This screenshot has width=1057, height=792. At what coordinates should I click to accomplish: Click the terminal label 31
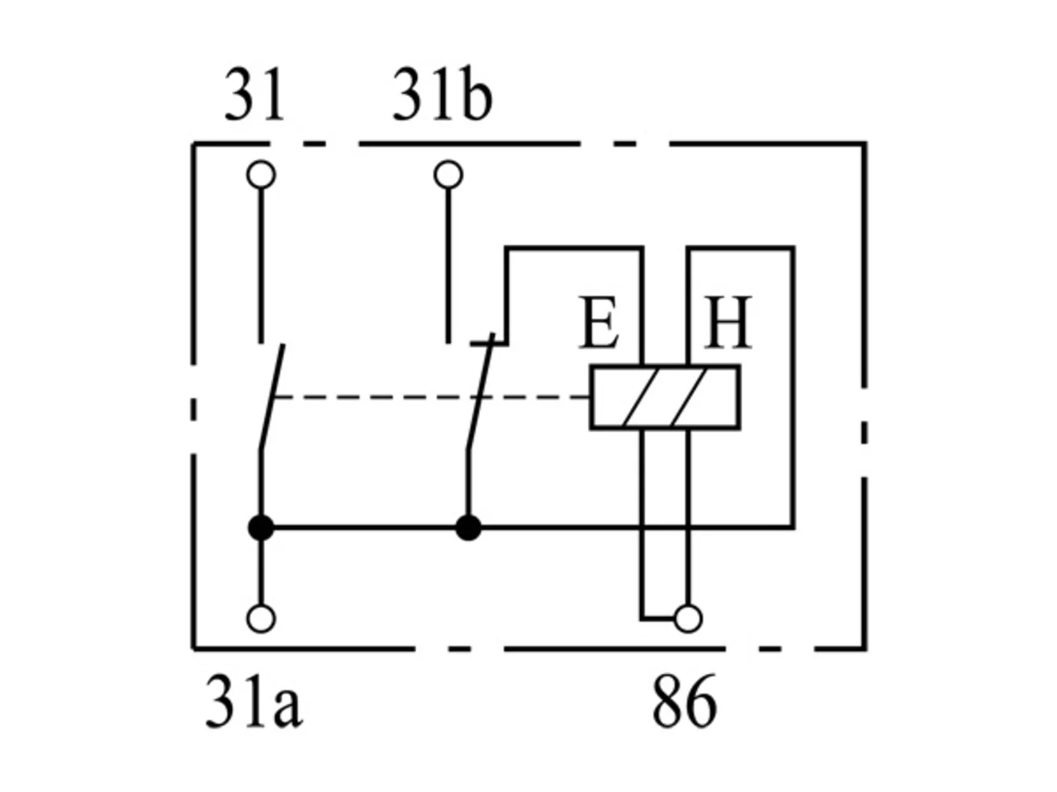254,95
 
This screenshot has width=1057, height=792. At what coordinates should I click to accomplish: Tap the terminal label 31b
443,94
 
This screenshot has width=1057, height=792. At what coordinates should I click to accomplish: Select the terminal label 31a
254,703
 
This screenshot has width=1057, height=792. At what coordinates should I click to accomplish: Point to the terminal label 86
685,702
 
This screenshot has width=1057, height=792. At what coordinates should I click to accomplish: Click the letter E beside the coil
599,322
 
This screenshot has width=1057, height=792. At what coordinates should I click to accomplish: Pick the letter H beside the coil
728,322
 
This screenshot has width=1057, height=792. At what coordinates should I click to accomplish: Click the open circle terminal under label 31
261,174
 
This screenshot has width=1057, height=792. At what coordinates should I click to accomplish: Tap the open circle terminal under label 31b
448,174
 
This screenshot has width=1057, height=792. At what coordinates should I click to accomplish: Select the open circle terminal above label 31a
261,619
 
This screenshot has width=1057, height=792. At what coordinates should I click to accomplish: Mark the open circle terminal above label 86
688,619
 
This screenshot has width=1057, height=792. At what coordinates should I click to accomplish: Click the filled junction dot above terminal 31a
261,527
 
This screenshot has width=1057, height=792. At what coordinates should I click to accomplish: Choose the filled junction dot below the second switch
468,527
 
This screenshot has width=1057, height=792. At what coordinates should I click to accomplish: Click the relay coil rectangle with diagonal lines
665,397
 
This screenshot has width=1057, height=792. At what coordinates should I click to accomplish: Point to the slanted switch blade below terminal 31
272,397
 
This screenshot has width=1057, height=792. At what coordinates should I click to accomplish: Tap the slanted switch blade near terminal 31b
481,392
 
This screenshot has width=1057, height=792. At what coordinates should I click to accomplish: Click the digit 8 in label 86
668,702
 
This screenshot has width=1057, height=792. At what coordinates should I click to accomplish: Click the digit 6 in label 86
700,702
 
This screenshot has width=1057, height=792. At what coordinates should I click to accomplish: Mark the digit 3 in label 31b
406,95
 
